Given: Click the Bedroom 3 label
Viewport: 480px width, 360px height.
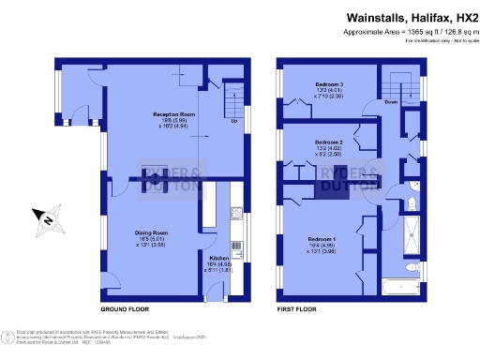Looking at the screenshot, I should pyautogui.click(x=329, y=83).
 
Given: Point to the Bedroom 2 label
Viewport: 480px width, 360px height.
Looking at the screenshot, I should pyautogui.click(x=329, y=140).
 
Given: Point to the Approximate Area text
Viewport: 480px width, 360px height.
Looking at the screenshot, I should pyautogui.click(x=416, y=32).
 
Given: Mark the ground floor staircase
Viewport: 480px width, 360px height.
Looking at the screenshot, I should pyautogui.click(x=232, y=95).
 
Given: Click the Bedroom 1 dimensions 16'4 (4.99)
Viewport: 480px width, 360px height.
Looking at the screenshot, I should pyautogui.click(x=322, y=246).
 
